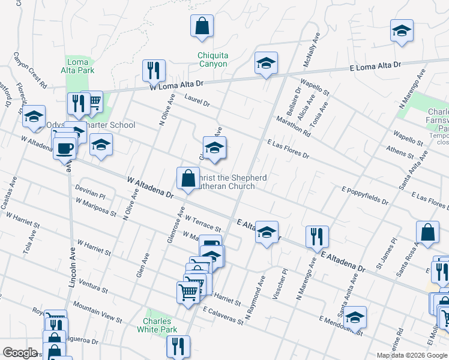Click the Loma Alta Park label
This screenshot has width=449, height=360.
point(78,66)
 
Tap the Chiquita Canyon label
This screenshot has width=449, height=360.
point(212,60)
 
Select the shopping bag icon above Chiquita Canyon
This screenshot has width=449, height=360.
point(202,26)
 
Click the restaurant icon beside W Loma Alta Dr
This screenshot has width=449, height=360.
point(154,70)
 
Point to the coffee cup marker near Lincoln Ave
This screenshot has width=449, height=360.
point(64,148)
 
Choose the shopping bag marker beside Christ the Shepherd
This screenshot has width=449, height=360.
point(188,178)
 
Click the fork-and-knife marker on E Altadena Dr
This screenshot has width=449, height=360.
point(316,237)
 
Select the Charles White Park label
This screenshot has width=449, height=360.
point(157,326)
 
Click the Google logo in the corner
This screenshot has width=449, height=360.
point(20,353)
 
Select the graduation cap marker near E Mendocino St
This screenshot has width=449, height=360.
point(355,318)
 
